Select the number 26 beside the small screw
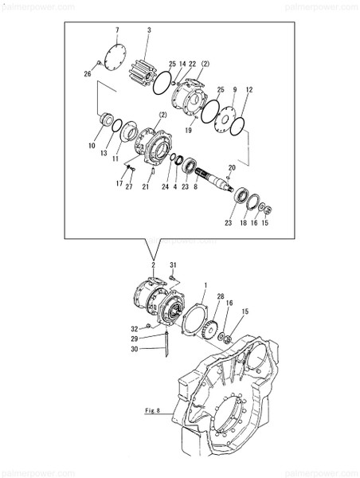(88, 75)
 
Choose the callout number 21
(146, 187)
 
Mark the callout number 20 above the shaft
(232, 167)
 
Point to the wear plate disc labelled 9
(226, 121)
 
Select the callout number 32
(135, 327)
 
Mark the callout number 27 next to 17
(129, 187)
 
